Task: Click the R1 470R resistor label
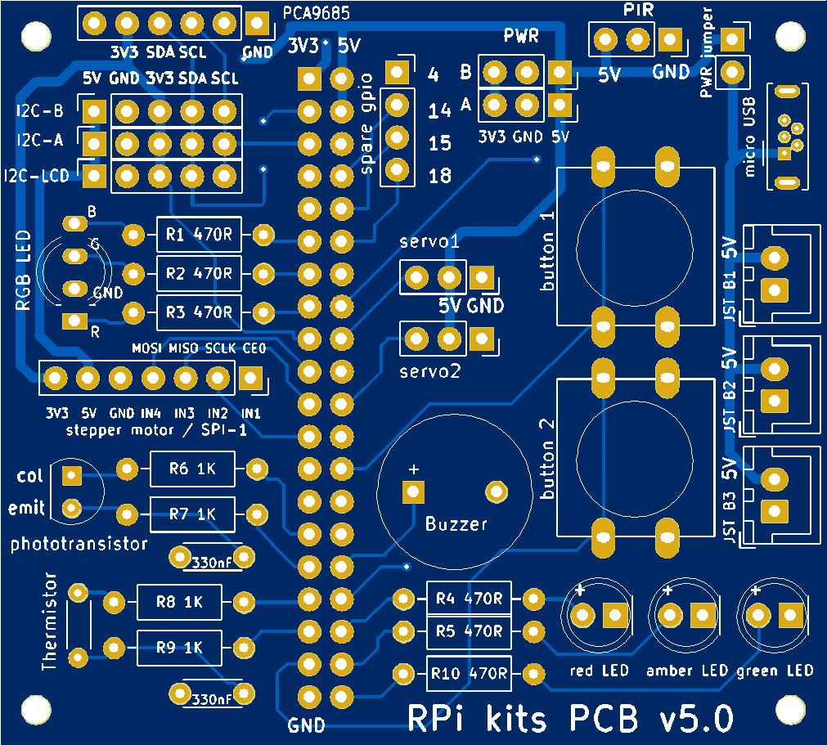tap(197, 236)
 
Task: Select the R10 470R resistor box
tap(469, 675)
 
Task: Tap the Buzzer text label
tap(456, 524)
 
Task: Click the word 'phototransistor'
tap(79, 544)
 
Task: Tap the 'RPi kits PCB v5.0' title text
tap(570, 718)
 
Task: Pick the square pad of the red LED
tap(615, 615)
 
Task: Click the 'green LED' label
tap(775, 671)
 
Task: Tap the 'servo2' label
tap(430, 370)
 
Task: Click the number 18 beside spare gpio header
tap(440, 176)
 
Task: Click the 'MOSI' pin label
tap(147, 348)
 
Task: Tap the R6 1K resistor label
tap(191, 469)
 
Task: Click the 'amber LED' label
tap(686, 671)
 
